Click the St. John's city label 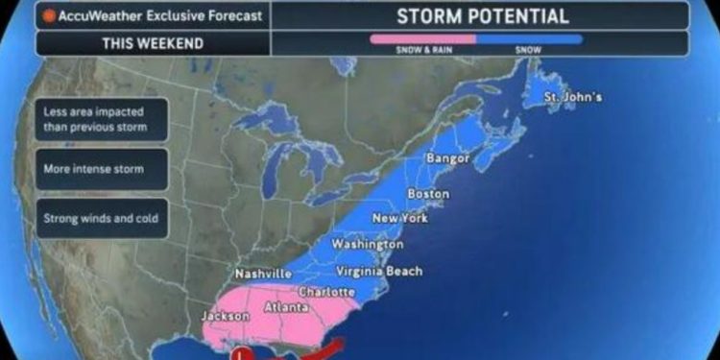573,97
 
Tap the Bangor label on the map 448,157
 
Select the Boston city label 428,194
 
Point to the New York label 399,218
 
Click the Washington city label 367,244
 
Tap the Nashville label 263,274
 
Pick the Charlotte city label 327,292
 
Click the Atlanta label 285,307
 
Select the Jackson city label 225,316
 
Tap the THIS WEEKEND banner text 153,43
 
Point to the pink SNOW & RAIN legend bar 422,38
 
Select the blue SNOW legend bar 529,38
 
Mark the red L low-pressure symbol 243,353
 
